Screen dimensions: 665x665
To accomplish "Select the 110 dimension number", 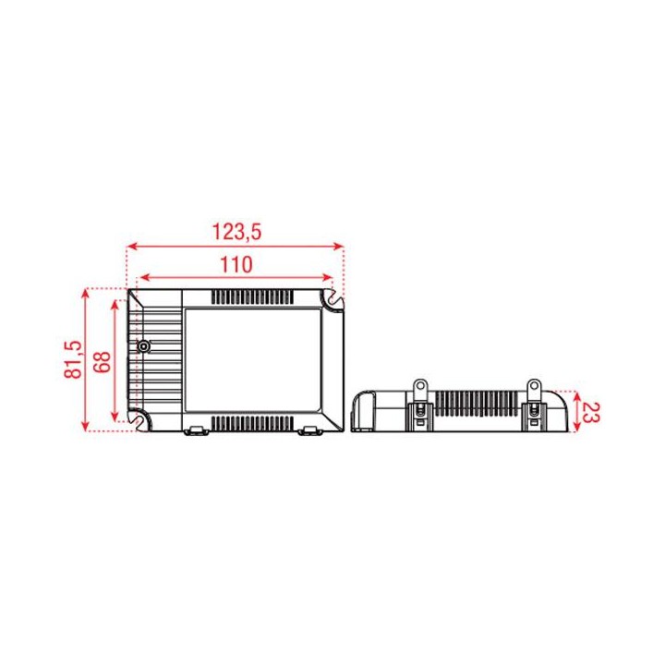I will click(236, 264).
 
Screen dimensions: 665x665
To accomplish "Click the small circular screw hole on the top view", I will click(143, 347).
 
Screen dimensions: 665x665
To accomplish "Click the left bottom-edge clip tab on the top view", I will click(196, 430).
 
